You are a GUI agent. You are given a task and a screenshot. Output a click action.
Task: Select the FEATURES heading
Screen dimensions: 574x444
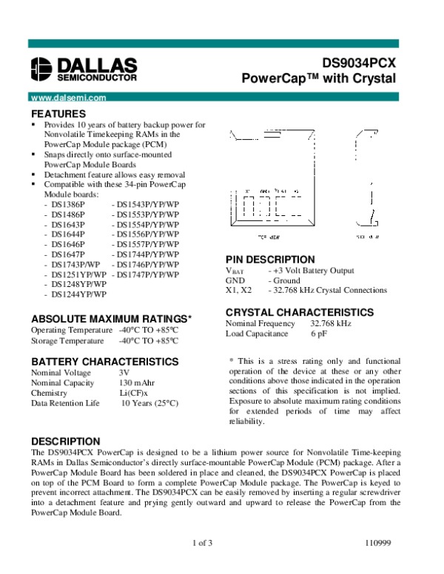pyautogui.click(x=58, y=114)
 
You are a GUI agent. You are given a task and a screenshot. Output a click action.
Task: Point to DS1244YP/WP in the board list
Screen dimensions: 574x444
pyautogui.click(x=78, y=294)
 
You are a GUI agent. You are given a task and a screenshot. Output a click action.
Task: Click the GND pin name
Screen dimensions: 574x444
pyautogui.click(x=235, y=281)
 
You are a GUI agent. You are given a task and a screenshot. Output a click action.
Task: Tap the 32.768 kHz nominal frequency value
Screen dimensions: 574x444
pyautogui.click(x=331, y=324)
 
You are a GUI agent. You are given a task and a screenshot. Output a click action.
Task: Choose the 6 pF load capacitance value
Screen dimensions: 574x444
pyautogui.click(x=319, y=334)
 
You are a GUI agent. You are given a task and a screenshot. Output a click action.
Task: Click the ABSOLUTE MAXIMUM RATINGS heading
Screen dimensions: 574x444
pyautogui.click(x=112, y=319)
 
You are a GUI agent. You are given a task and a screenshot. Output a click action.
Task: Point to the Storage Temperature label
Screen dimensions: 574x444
pyautogui.click(x=67, y=341)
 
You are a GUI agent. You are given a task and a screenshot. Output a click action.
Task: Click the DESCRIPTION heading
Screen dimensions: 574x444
pyautogui.click(x=65, y=441)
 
